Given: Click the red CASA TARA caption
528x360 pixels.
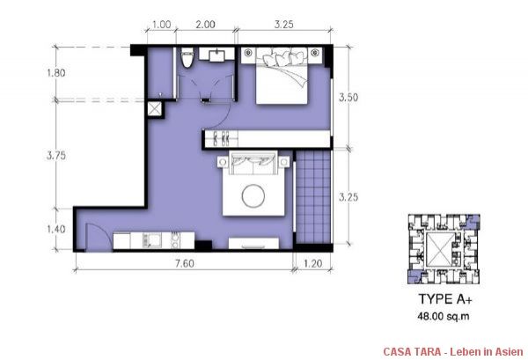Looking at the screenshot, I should coord(450,351).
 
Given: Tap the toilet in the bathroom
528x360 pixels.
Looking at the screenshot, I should coord(187,59).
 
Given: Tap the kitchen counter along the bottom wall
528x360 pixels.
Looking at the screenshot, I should coord(150,239).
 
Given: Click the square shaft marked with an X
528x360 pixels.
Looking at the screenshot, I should coord(155,108).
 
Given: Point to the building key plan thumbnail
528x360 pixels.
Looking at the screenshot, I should coord(440,249).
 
